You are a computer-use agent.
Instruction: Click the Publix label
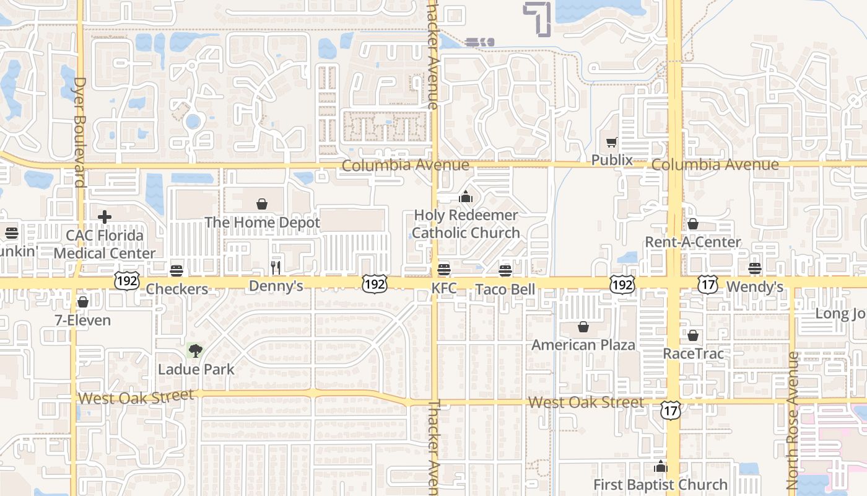click(612, 160)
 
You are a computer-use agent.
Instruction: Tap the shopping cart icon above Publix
click(612, 142)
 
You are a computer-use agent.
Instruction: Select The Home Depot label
click(262, 223)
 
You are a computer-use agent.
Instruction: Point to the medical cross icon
click(105, 216)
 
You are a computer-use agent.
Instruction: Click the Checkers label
click(177, 289)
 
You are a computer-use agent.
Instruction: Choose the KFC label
click(443, 289)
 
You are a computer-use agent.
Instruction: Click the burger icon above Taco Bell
click(505, 270)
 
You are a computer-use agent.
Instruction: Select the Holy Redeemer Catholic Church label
click(466, 224)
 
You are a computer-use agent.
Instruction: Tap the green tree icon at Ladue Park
click(195, 350)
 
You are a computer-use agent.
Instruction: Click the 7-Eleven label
click(82, 321)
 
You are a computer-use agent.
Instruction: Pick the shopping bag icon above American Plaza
click(583, 326)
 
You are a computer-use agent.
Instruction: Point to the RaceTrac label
click(693, 353)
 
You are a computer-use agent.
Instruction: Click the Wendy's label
click(754, 286)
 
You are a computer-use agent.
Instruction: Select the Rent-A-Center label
click(693, 242)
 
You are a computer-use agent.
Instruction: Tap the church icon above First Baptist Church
click(661, 466)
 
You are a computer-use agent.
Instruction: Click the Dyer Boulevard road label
click(79, 132)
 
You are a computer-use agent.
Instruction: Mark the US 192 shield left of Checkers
click(126, 280)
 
